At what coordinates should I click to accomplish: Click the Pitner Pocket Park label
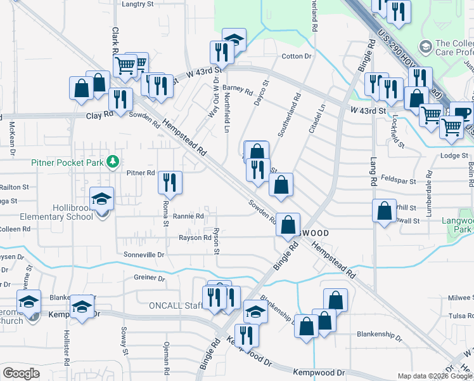68,162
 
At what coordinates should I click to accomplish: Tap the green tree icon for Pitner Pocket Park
113,162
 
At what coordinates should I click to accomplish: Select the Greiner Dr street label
150,278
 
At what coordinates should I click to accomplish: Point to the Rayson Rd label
195,238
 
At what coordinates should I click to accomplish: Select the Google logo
21,373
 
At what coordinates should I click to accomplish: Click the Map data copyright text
434,376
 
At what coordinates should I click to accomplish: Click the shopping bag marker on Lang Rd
385,211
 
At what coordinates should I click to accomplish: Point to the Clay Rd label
99,115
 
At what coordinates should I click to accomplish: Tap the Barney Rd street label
238,90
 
